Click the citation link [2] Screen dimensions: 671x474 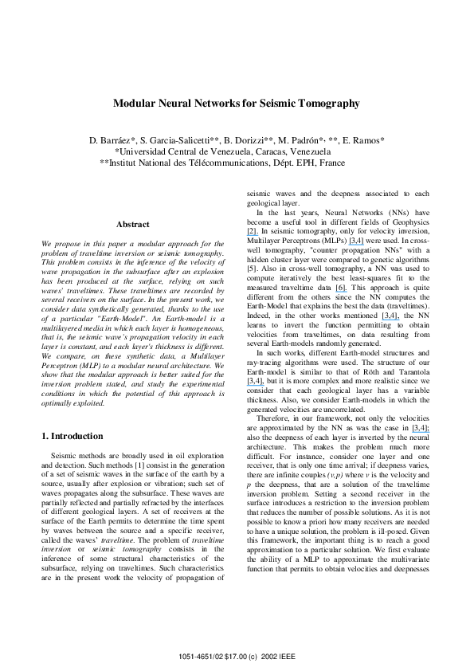[x=252, y=230]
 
